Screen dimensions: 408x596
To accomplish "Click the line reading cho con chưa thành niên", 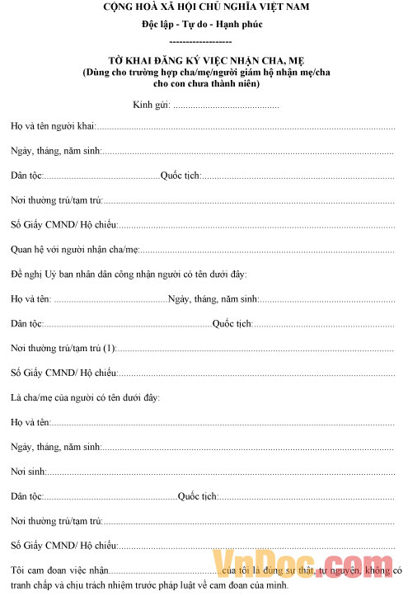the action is tap(206, 83).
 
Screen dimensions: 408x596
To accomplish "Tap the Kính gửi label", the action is tap(151, 105).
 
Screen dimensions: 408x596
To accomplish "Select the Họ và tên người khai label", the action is tap(53, 127).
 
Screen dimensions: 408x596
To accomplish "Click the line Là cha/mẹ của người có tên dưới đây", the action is tap(85, 397).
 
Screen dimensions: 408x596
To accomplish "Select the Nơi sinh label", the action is tap(28, 472).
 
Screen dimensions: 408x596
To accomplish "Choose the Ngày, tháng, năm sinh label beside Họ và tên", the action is tap(213, 298).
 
